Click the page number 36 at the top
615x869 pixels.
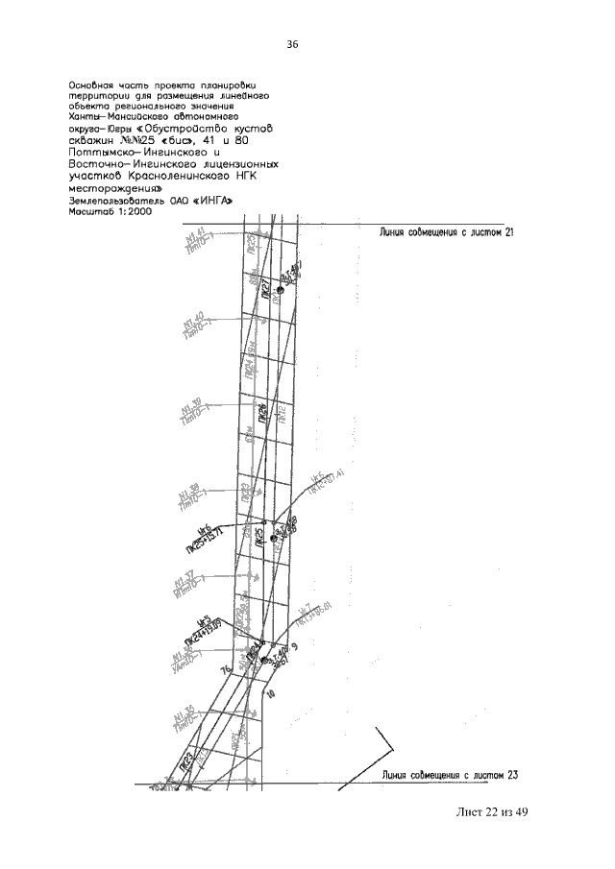pyautogui.click(x=293, y=45)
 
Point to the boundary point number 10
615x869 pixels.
pyautogui.click(x=272, y=693)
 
